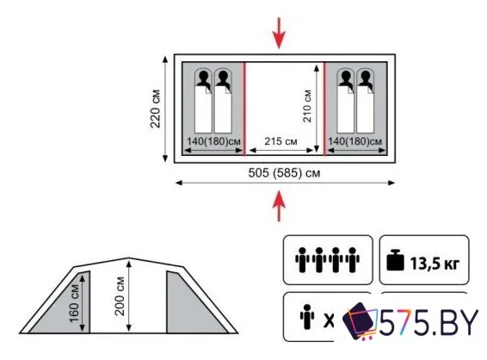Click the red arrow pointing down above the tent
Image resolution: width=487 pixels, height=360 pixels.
[279, 33]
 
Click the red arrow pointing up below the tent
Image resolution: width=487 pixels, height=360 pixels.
[279, 206]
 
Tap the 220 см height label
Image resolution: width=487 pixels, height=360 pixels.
[155, 109]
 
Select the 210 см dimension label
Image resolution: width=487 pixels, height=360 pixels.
[307, 106]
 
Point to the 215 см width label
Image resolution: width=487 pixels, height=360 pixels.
[280, 141]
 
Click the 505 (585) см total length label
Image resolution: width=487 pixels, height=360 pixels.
[284, 172]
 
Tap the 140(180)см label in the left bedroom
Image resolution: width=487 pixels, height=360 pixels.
[213, 141]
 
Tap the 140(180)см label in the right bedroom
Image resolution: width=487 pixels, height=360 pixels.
[355, 141]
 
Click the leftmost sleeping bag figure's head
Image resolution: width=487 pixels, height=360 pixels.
[203, 76]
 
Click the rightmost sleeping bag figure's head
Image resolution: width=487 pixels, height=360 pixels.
[365, 76]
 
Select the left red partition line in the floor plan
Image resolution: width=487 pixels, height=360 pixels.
[244, 109]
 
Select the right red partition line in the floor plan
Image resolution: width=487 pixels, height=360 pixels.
[324, 109]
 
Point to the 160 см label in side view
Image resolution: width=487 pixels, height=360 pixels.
[75, 304]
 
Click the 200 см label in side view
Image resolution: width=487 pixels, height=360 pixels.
[120, 296]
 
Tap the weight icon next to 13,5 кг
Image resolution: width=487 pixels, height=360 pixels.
[395, 260]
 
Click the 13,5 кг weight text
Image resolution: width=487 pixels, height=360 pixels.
[435, 264]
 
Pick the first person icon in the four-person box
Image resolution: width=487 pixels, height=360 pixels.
[302, 260]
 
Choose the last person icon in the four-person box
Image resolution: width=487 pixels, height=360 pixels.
[352, 260]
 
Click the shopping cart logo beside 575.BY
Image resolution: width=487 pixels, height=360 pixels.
[360, 321]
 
